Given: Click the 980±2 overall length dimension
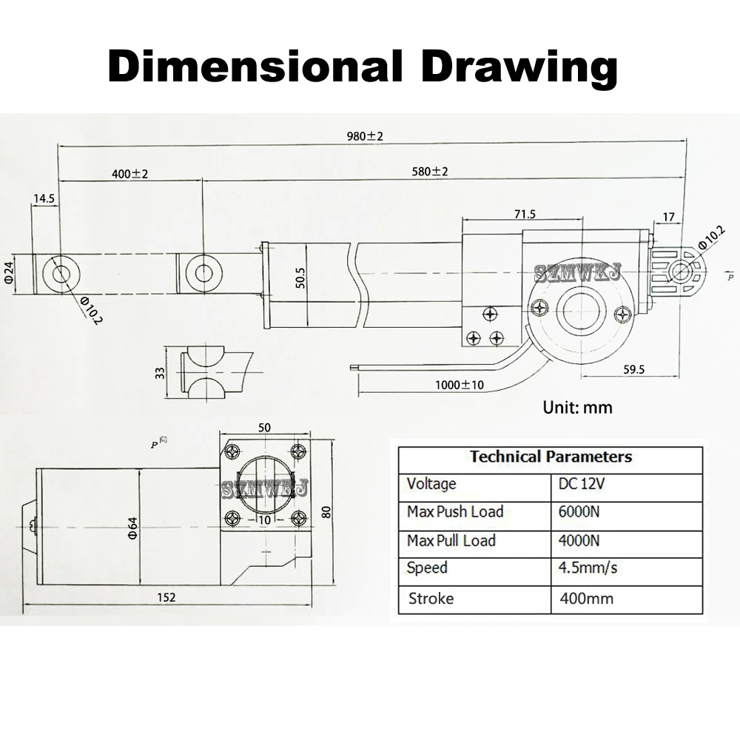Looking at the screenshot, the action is pos(365,136).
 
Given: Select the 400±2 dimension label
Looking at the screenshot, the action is pos(129,174).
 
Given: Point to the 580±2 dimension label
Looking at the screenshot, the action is pos(429,172).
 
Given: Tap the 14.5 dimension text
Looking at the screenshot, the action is pos(44,198).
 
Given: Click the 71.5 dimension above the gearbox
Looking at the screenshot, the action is pos(525,215).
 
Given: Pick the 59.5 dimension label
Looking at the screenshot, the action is pos(634,369).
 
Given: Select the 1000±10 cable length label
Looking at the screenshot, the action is pos(460,385).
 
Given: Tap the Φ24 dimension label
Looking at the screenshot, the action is pos(10,273).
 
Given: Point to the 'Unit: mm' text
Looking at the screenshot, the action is pos(577,407).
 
